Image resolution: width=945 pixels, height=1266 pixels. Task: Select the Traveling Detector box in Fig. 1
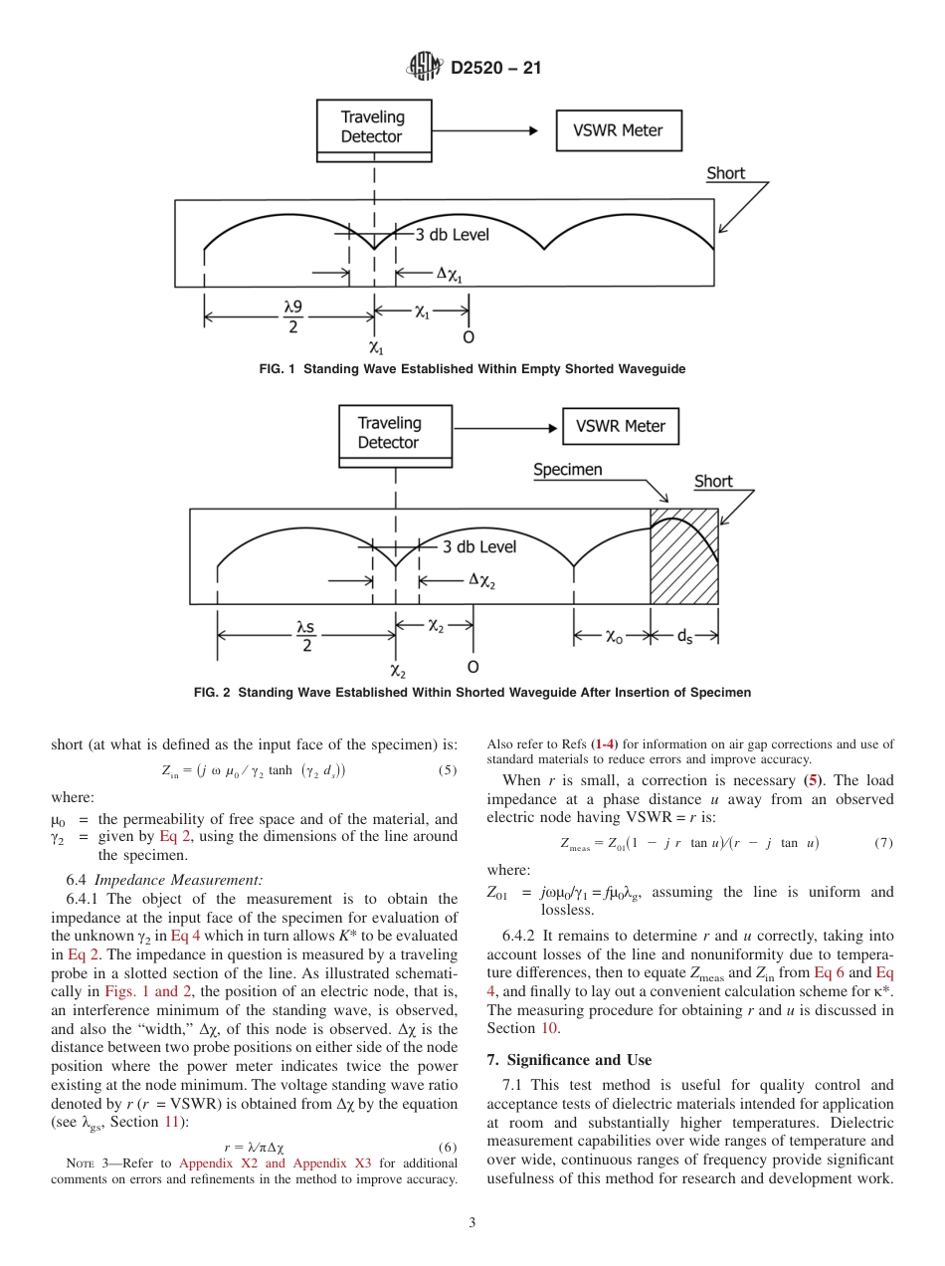373,128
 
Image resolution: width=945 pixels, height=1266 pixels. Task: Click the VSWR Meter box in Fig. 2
621,427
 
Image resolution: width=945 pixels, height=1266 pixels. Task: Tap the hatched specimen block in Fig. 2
683,556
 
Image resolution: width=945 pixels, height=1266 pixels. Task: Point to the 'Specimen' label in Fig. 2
567,470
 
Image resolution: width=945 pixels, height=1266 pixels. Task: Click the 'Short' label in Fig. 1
725,173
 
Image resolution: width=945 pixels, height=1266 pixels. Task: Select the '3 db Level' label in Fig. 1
452,235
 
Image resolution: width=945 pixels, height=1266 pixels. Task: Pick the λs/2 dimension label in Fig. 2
305,636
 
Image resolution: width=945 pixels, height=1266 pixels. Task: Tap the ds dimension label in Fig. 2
685,637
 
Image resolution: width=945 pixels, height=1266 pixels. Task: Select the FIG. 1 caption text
472,369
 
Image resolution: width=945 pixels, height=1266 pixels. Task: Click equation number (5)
447,770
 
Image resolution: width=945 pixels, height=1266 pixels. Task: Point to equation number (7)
882,843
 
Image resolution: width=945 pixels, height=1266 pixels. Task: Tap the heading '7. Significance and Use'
569,1059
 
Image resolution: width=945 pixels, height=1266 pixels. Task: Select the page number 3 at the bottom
472,1223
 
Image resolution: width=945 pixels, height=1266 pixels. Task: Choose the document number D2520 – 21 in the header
495,69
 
